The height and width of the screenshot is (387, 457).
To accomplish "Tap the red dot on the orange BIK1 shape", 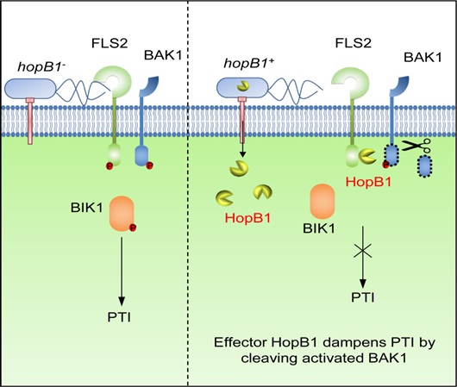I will click(x=135, y=228).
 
